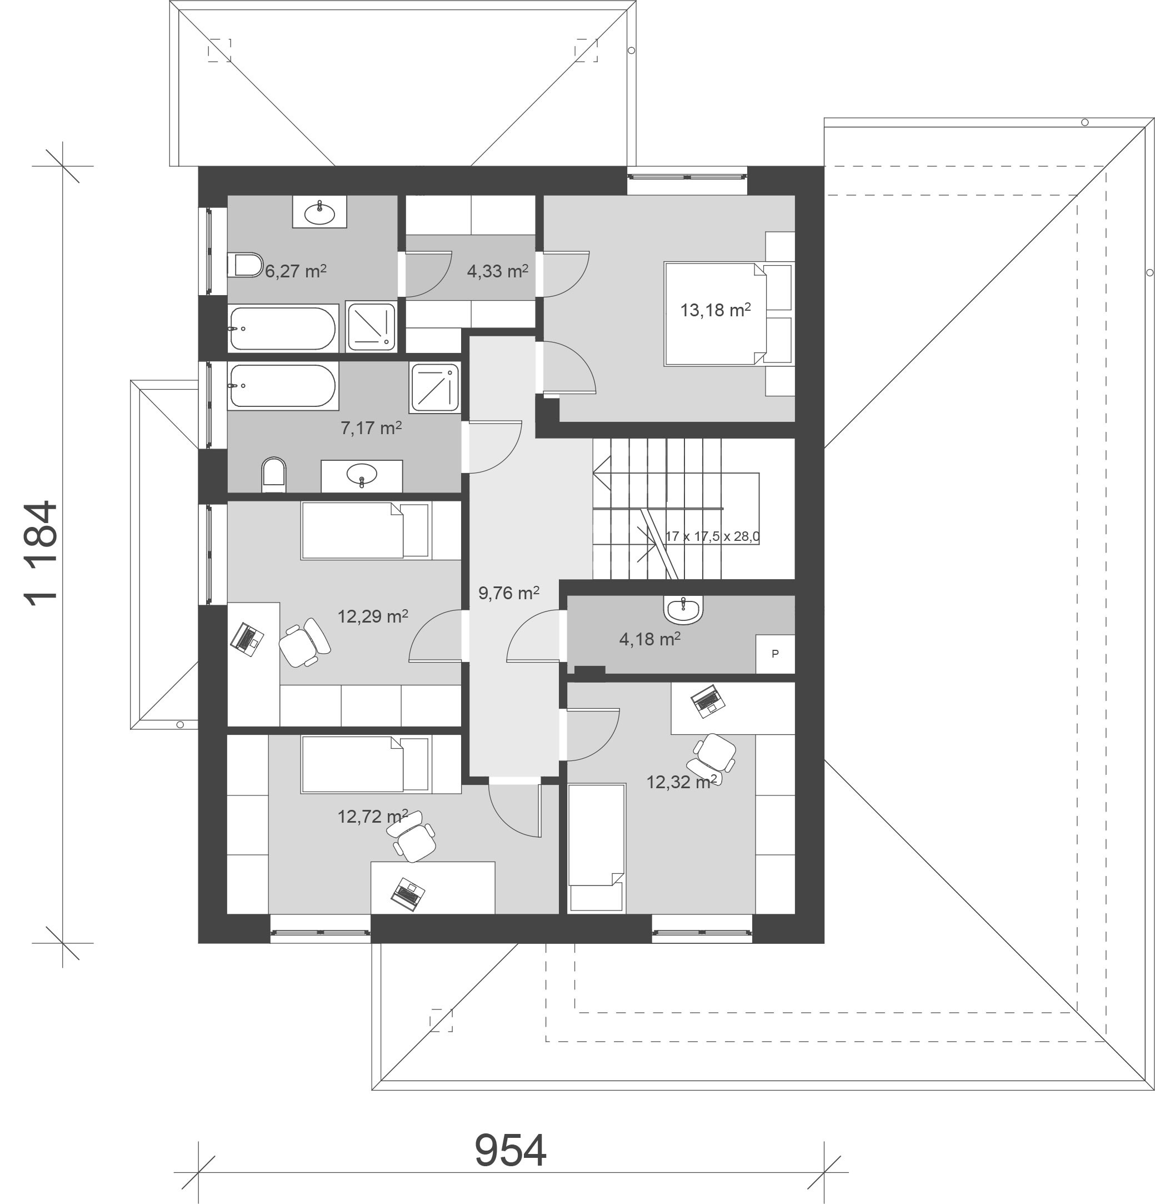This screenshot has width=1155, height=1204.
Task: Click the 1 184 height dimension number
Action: point(42,553)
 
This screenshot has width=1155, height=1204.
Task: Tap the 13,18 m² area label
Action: point(716,310)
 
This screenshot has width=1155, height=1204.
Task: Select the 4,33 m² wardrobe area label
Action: point(497,271)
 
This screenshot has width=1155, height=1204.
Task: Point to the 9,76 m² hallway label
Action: point(508,593)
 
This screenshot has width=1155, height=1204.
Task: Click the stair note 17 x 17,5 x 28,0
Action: point(712,536)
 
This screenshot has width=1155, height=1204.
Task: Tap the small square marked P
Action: point(775,654)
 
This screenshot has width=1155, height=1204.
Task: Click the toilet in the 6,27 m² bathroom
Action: point(245,265)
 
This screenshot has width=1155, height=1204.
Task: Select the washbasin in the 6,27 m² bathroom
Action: point(319,212)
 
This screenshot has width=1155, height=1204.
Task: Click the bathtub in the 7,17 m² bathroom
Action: point(282,386)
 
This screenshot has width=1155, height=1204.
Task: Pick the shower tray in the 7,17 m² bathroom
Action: point(436,387)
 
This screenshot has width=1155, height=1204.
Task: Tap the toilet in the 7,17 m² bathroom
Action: point(274,474)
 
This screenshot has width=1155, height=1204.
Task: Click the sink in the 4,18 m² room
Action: point(683,609)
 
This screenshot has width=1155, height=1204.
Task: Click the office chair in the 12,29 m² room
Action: point(304,643)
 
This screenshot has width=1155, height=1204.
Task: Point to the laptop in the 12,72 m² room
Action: point(408,894)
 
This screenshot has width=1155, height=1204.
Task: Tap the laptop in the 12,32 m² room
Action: point(708,701)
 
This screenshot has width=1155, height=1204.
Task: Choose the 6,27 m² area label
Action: point(296,271)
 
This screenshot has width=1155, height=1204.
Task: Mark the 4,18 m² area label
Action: point(649,639)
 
